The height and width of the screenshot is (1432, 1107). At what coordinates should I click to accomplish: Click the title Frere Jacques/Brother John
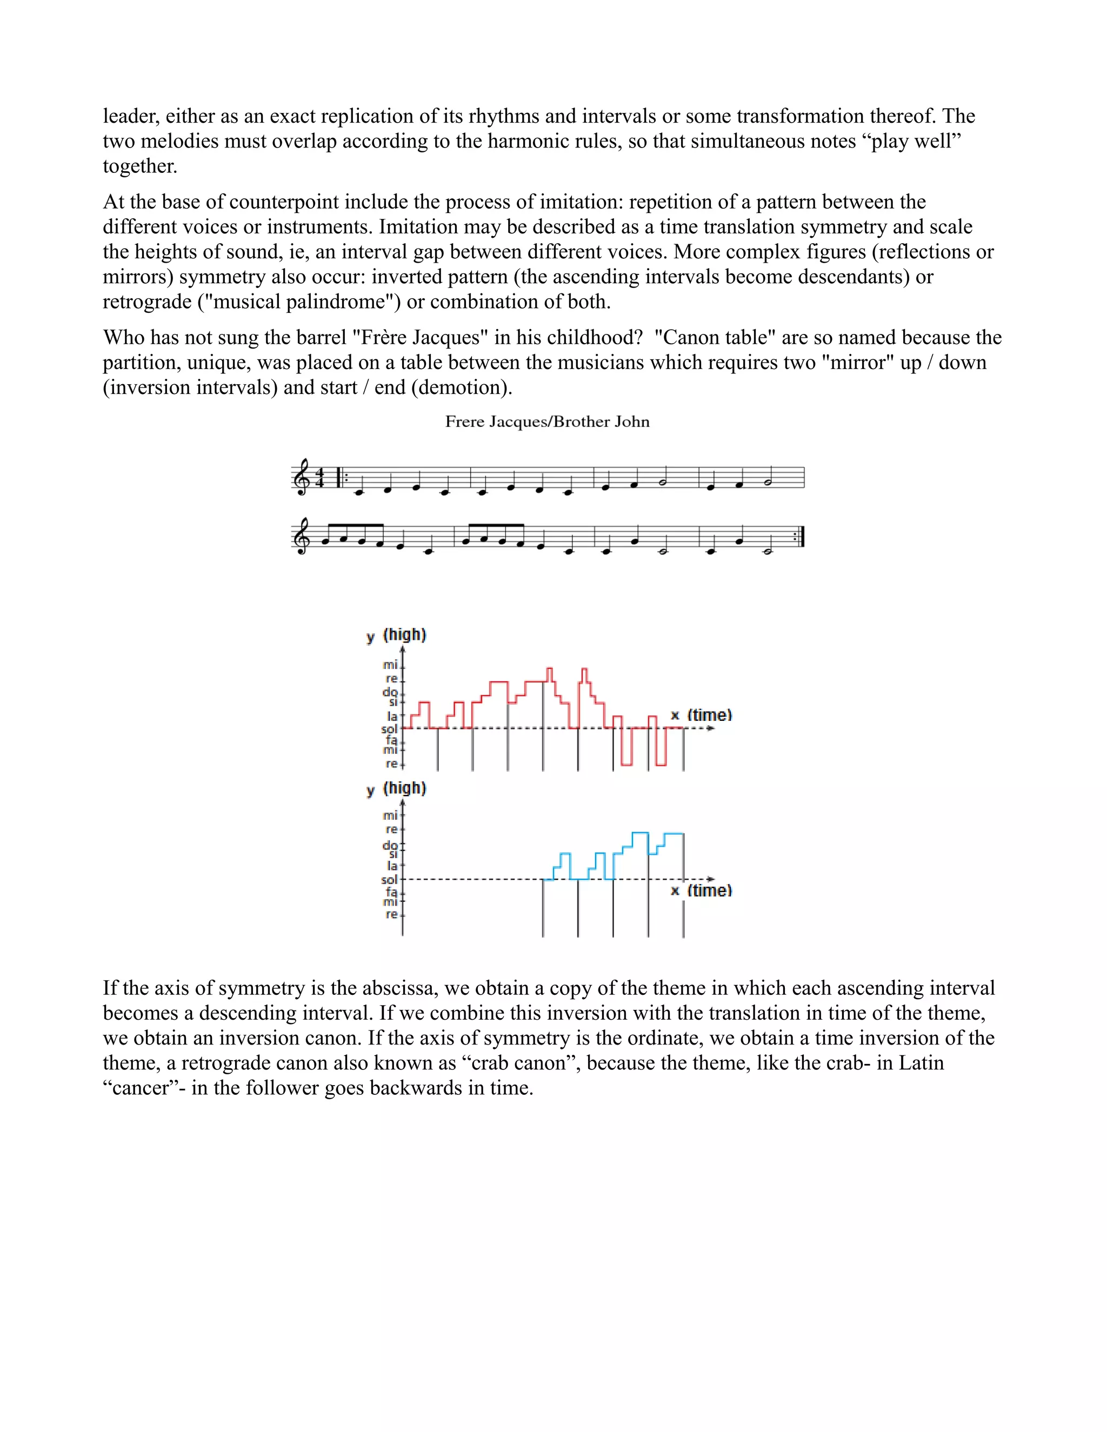[x=547, y=421]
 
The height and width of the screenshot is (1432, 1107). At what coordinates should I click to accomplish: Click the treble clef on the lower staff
[x=301, y=538]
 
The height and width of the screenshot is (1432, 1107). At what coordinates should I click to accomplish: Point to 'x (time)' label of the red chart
[x=701, y=715]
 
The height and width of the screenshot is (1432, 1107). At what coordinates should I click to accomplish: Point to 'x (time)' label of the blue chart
[x=701, y=891]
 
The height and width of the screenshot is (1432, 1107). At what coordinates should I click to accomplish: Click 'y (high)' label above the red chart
[x=396, y=635]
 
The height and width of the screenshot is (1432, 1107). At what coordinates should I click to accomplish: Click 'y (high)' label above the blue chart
[x=396, y=788]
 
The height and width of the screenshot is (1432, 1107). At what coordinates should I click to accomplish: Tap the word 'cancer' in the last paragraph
[x=142, y=1088]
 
